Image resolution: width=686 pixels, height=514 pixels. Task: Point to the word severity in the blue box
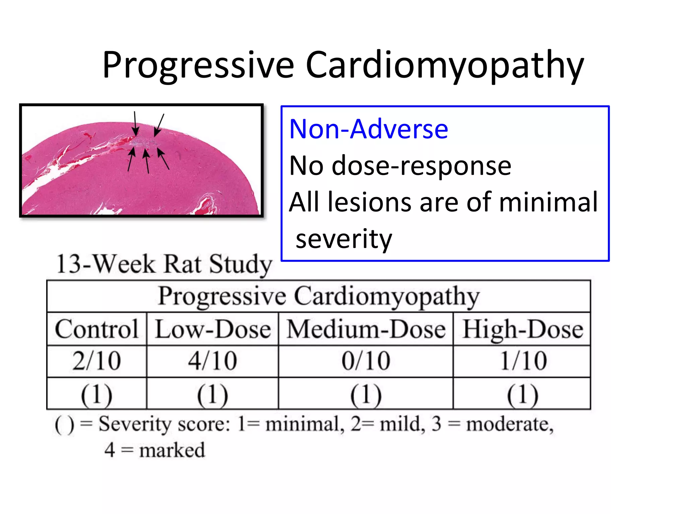(x=344, y=239)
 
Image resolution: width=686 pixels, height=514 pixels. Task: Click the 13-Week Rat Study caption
(x=164, y=264)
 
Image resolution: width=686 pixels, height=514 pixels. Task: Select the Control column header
(x=97, y=329)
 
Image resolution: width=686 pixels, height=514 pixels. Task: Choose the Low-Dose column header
(x=213, y=329)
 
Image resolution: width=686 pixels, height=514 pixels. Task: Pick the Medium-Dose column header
(x=366, y=329)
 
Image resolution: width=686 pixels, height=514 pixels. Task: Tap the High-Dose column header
(x=523, y=329)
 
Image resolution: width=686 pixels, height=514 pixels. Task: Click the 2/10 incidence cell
(x=97, y=361)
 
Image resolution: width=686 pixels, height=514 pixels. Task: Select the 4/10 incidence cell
(x=213, y=361)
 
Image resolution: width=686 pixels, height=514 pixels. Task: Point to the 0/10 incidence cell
(x=366, y=361)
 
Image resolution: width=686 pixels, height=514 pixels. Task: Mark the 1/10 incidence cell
(x=523, y=361)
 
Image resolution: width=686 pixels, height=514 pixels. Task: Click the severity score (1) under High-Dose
(x=523, y=394)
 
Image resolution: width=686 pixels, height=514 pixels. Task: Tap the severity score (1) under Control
(x=97, y=394)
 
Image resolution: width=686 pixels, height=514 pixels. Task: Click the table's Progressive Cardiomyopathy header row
(x=319, y=296)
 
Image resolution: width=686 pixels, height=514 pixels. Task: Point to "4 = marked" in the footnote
(x=154, y=450)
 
